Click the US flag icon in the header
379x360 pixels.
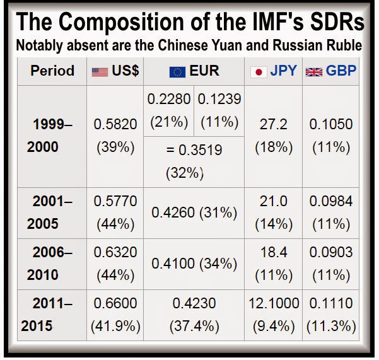pyautogui.click(x=100, y=72)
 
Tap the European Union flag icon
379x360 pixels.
pyautogui.click(x=177, y=72)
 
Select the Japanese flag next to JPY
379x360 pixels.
pyautogui.click(x=259, y=72)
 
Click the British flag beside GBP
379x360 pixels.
pyautogui.click(x=313, y=72)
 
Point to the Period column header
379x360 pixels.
pyautogui.click(x=52, y=71)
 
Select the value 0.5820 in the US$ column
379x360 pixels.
pyautogui.click(x=115, y=124)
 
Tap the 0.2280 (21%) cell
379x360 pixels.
pyautogui.click(x=168, y=110)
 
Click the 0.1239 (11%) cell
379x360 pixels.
pyautogui.click(x=219, y=110)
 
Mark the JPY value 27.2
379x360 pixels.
pyautogui.click(x=273, y=124)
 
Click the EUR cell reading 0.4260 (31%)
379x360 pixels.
pyautogui.click(x=194, y=213)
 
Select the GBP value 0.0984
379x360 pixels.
pyautogui.click(x=330, y=201)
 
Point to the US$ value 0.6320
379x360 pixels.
pyautogui.click(x=115, y=252)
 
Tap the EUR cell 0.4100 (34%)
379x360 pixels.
pyautogui.click(x=194, y=264)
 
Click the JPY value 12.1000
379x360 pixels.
pyautogui.click(x=273, y=304)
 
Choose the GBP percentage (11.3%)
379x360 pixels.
pyautogui.click(x=330, y=327)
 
